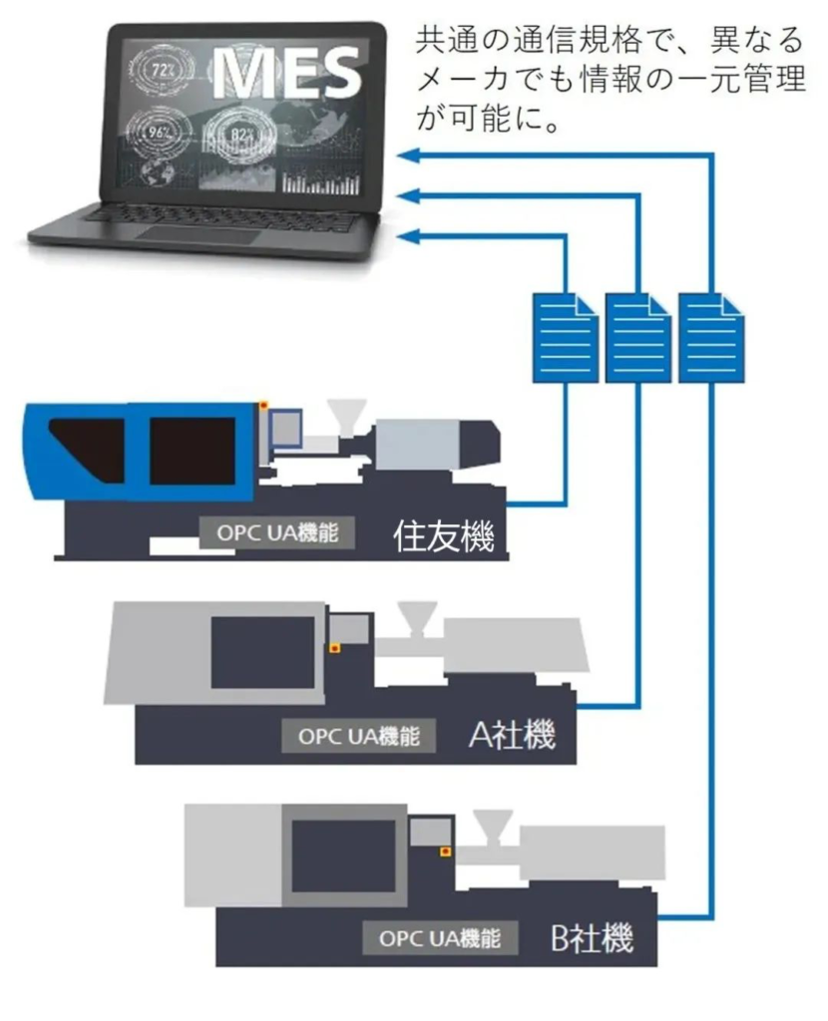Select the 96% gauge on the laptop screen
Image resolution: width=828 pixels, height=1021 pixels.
point(157,129)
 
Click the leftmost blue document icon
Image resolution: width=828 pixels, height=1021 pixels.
point(567,336)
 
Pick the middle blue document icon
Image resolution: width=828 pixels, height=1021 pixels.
point(637,336)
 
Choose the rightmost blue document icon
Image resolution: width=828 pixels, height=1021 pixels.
point(710,336)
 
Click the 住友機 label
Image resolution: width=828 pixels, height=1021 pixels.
point(444,538)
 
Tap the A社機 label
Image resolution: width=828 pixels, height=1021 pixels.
point(511,737)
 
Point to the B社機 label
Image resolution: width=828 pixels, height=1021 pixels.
point(592,938)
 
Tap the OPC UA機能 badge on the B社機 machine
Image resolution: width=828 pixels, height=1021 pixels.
point(439,938)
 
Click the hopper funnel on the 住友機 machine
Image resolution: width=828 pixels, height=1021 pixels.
point(345,416)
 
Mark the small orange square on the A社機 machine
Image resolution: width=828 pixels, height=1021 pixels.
point(335,649)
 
